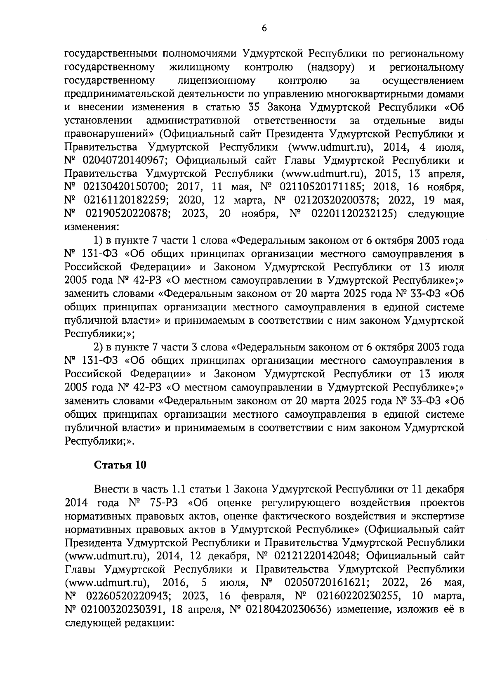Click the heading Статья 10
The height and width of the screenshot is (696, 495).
pos(120,465)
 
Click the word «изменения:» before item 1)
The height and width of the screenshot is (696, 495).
pos(92,227)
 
